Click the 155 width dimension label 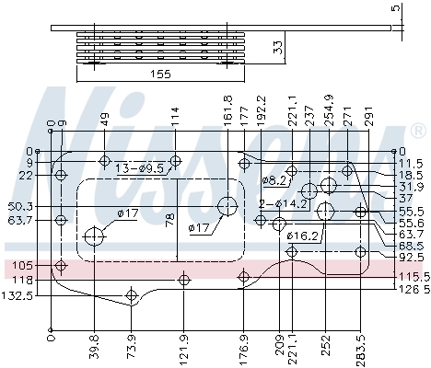160,74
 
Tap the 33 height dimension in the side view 278,47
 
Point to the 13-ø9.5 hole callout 140,168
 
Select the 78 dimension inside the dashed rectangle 170,220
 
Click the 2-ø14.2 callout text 284,204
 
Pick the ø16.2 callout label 302,236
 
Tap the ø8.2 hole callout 274,181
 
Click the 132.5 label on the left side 17,296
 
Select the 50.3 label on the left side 20,206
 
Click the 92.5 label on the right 412,257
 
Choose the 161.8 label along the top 228,110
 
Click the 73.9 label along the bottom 131,347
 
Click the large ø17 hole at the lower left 95,236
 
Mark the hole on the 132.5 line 131,295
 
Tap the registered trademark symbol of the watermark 418,131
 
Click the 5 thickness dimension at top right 397,7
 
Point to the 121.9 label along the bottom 183,349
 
